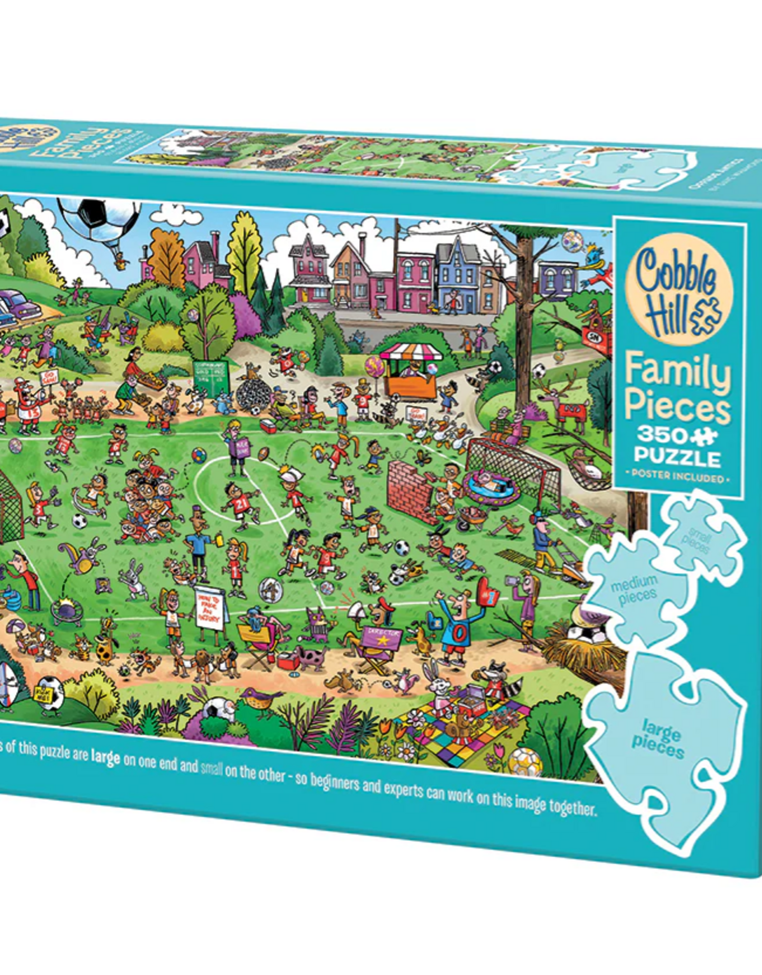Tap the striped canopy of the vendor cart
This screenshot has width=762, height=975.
pyautogui.click(x=410, y=353)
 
